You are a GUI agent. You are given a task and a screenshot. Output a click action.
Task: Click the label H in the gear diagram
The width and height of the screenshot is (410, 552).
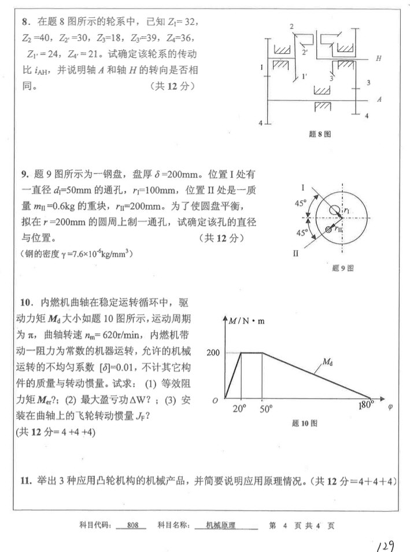click(379, 58)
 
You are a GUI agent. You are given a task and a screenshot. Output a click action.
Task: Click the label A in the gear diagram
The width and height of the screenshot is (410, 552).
click(379, 99)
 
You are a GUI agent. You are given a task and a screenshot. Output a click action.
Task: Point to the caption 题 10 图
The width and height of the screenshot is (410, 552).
click(304, 423)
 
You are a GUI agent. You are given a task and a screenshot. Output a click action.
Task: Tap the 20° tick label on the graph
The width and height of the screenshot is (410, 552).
click(239, 409)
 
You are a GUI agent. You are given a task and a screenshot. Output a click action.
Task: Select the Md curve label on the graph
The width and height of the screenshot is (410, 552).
click(327, 363)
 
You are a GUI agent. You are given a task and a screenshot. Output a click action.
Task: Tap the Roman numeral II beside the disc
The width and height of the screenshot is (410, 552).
click(295, 254)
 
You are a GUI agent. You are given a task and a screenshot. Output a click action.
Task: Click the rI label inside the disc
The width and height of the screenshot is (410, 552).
click(345, 212)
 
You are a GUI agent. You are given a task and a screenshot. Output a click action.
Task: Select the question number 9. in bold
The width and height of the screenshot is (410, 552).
click(25, 174)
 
